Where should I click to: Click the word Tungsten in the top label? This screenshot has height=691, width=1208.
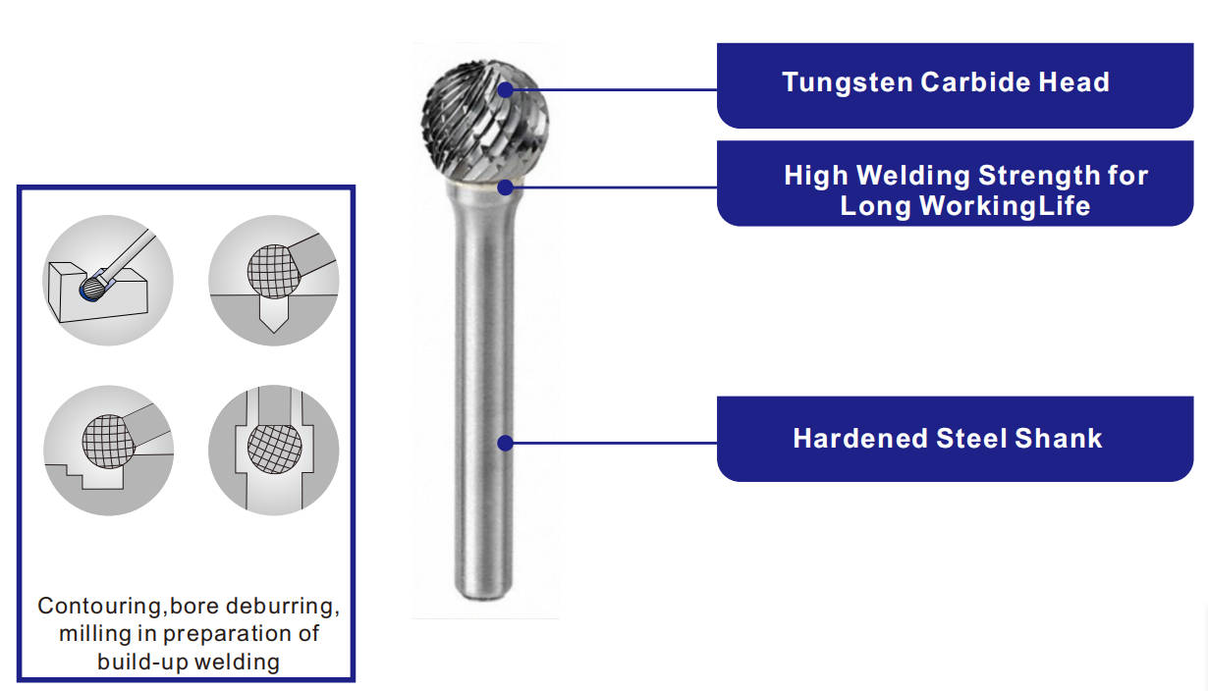pos(848,83)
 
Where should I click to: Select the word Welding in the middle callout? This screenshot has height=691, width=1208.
pos(914,177)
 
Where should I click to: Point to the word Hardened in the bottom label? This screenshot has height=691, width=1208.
pos(860,438)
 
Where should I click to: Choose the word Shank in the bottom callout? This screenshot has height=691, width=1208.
pos(1058,438)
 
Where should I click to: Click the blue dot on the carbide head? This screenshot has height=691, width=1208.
pos(506,90)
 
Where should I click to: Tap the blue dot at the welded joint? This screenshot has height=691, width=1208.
pos(506,187)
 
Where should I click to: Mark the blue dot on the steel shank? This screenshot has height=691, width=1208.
pos(506,443)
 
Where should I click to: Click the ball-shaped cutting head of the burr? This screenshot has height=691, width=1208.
pos(485,121)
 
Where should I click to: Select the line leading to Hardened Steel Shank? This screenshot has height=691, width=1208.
pos(615,443)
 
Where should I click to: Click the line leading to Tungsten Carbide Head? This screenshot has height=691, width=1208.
pos(615,90)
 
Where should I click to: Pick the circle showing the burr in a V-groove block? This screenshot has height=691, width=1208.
pos(108,281)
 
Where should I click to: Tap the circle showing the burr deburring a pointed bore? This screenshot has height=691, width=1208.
pos(274,281)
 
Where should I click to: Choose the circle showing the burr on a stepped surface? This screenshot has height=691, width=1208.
pos(108,451)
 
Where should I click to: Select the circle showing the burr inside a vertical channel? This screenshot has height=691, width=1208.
pos(274,451)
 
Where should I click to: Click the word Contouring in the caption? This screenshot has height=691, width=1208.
pos(99,607)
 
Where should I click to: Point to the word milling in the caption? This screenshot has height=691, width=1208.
pos(95,634)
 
